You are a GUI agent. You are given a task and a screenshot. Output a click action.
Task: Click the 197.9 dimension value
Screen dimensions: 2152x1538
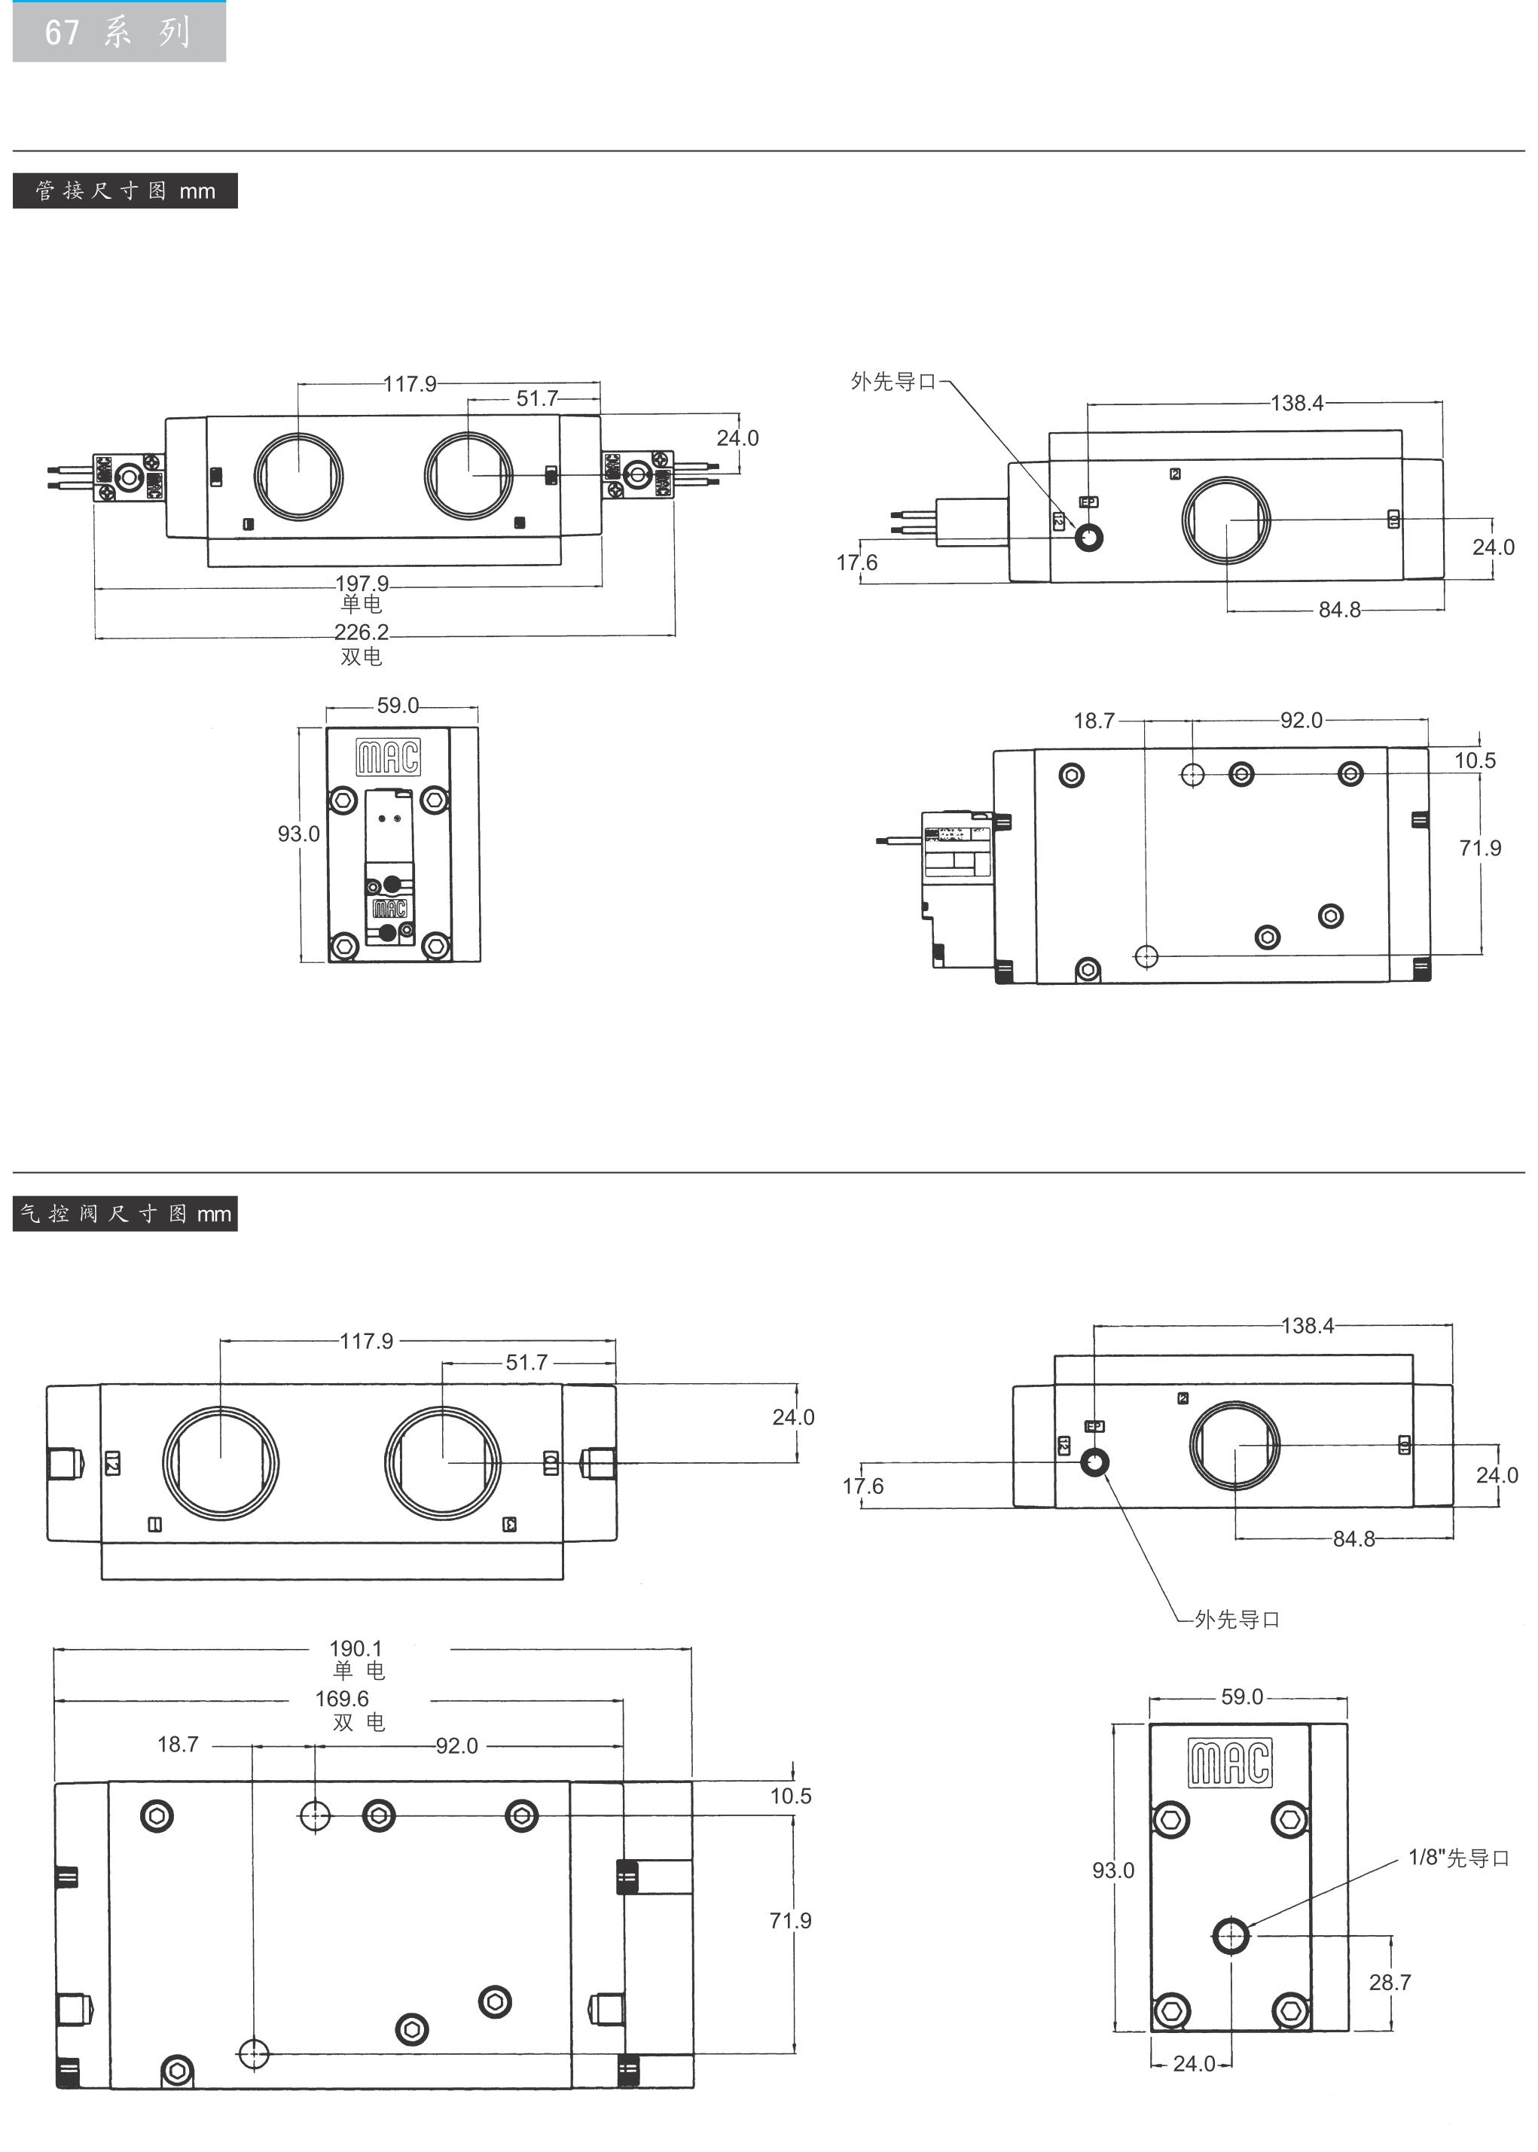click(x=362, y=584)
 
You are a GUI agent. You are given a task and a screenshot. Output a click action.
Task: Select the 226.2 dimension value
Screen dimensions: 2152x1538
click(x=361, y=632)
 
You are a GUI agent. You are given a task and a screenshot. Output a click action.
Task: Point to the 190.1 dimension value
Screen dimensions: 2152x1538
click(x=356, y=1648)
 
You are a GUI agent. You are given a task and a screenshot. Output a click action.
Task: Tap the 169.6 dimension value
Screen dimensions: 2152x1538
click(x=342, y=1699)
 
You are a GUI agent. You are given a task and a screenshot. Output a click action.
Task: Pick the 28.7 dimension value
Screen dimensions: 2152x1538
click(x=1390, y=1982)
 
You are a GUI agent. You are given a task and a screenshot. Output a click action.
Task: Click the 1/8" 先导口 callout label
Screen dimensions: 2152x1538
click(x=1458, y=1858)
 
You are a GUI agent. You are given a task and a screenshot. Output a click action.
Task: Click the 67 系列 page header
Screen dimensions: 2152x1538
click(x=118, y=32)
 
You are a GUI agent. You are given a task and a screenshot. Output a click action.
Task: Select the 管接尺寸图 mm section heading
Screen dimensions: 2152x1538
click(x=125, y=191)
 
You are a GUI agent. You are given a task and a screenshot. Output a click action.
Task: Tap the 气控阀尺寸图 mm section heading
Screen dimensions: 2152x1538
click(x=125, y=1214)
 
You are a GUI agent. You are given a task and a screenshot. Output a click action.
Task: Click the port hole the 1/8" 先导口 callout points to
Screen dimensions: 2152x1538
click(x=1231, y=1935)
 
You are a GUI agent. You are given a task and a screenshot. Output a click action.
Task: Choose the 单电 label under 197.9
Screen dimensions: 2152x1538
click(x=361, y=603)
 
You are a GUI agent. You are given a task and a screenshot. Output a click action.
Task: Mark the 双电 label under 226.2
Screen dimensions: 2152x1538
click(x=361, y=655)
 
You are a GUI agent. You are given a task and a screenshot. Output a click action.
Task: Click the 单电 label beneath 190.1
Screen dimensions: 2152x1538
click(x=358, y=1670)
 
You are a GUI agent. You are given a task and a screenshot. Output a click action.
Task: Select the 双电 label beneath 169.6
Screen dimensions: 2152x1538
click(x=358, y=1721)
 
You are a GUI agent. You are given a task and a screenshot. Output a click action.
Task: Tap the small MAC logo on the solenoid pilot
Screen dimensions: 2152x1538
click(x=389, y=909)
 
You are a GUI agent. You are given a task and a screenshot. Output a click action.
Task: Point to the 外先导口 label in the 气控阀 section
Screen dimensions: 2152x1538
click(x=1237, y=1619)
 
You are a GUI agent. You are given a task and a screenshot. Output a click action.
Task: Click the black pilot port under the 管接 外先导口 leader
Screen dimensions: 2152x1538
click(x=1089, y=538)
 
